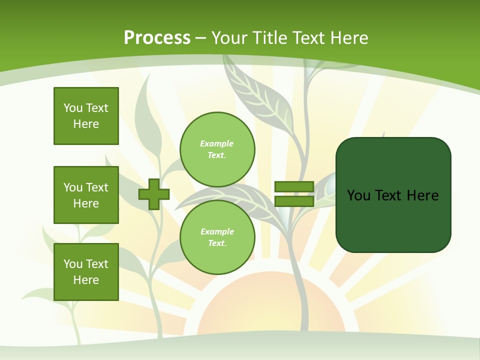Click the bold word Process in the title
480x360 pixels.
[157, 37]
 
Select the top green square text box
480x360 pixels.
[86, 116]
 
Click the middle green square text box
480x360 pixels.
[86, 195]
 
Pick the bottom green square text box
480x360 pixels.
[86, 272]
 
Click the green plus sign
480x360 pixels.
[154, 194]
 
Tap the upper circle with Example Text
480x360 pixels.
[217, 149]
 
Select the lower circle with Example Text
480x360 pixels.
[217, 237]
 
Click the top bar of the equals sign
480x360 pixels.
[294, 187]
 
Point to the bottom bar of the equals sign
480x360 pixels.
[294, 201]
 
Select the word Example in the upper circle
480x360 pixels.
[217, 143]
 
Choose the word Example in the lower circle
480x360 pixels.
[217, 231]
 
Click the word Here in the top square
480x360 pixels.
[86, 124]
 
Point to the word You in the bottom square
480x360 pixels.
[73, 264]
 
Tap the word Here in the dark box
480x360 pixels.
[423, 195]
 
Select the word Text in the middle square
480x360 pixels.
[97, 187]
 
